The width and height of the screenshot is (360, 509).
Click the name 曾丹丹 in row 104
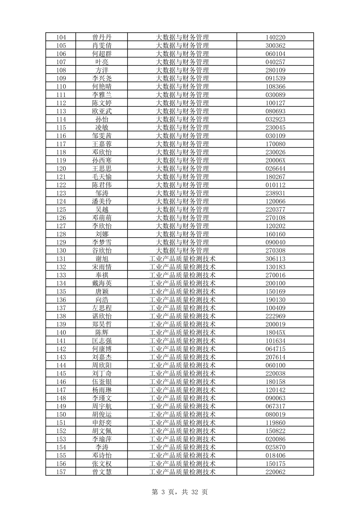click(102, 37)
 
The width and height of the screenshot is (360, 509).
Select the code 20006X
click(275, 160)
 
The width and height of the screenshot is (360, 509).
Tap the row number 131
click(61, 259)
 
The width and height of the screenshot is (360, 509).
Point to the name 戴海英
click(102, 283)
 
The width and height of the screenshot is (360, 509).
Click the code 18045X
click(275, 332)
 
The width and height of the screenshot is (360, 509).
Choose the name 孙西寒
click(102, 160)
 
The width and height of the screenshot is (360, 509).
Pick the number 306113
click(275, 259)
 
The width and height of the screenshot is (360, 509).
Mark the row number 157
click(61, 472)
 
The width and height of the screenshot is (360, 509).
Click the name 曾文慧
click(102, 472)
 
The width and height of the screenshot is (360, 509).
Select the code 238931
click(275, 193)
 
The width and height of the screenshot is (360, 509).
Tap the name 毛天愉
click(102, 177)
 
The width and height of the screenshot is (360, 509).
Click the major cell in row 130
click(182, 251)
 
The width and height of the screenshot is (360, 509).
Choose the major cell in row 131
click(182, 259)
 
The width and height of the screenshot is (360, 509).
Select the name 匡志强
click(102, 341)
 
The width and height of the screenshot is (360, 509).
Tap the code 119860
click(275, 423)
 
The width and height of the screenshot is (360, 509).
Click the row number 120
click(61, 168)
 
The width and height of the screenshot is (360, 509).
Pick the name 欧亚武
click(102, 111)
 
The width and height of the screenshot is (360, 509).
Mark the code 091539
click(275, 78)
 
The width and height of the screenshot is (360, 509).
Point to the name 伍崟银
click(102, 382)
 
